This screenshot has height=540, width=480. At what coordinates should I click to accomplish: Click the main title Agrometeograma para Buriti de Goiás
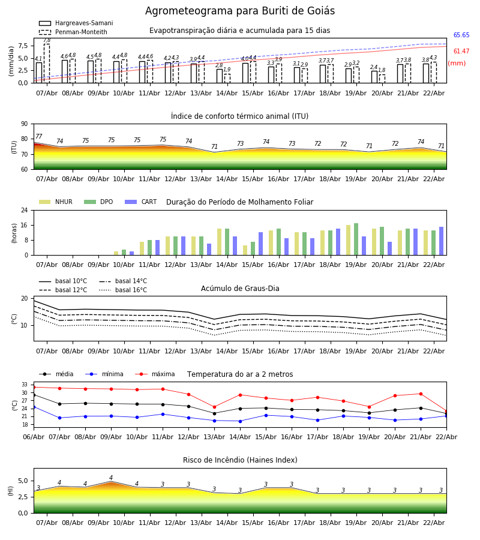point(240,11)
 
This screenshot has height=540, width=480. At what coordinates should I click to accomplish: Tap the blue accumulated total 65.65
point(461,35)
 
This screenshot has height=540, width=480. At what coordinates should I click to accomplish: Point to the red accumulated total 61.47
point(461,52)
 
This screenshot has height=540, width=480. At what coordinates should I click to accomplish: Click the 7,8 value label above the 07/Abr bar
point(47,40)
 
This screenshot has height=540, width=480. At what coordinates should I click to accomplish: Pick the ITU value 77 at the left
point(39,137)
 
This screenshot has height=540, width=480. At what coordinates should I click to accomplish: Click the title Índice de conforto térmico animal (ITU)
point(239,116)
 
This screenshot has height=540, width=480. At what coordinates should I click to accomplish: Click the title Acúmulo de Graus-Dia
point(240,289)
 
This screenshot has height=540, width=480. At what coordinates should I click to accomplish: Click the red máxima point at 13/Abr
point(214,407)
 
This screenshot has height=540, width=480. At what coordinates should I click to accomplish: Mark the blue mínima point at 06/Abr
point(34,407)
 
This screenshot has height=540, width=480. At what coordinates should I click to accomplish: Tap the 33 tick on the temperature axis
point(25,385)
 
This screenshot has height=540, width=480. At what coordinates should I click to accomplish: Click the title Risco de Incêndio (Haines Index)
point(240,460)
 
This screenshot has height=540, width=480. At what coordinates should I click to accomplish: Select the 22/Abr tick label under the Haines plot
point(434,523)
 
